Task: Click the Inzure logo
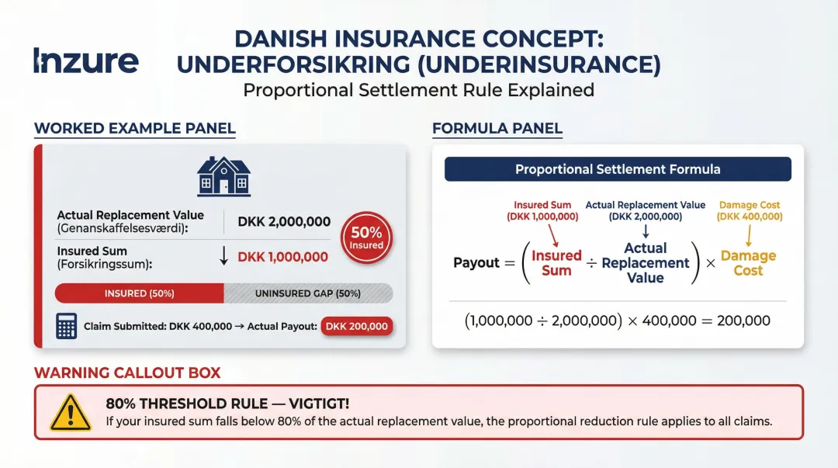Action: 86,61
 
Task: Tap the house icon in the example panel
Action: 223,175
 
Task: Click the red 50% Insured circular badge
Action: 366,237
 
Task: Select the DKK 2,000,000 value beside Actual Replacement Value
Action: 284,222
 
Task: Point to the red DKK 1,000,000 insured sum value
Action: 282,257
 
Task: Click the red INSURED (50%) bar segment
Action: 140,293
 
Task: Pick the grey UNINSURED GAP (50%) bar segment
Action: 308,293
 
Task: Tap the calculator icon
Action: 67,326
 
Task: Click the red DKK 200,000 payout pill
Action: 357,327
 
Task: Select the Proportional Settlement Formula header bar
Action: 618,169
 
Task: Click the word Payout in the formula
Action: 476,263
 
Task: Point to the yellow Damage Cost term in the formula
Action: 748,263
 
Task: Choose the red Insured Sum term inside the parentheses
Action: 556,263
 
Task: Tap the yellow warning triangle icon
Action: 71,412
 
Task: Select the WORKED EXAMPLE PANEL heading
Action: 135,129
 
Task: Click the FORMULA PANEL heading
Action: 497,129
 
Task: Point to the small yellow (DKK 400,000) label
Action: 750,217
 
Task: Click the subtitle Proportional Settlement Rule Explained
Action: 419,90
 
